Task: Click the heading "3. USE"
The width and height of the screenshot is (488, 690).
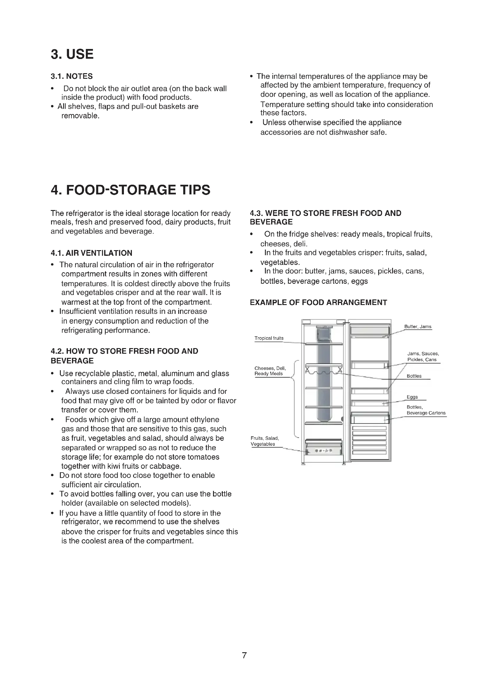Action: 72,54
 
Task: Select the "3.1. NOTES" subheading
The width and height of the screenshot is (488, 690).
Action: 71,76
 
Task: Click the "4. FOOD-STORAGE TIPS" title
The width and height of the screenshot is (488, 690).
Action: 130,190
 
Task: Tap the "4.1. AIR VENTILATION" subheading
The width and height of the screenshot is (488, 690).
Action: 91,253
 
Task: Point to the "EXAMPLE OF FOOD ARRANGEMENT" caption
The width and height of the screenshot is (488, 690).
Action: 318,303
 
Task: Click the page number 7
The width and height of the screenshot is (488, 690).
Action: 244,655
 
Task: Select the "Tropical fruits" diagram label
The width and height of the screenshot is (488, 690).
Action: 269,338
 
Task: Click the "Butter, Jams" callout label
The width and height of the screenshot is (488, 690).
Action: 417,327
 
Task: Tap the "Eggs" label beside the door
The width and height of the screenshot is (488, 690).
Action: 412,397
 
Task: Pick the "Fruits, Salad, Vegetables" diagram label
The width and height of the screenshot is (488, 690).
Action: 264,441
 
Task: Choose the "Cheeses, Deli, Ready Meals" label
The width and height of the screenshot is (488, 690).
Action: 270,371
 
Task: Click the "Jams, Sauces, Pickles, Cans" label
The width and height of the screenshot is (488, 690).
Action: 423,357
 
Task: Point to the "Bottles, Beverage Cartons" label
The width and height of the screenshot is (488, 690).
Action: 425,410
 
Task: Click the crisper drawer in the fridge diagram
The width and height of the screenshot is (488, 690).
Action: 324,448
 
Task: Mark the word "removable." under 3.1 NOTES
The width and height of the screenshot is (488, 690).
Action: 80,116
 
